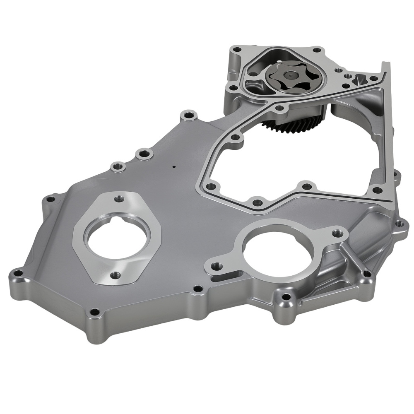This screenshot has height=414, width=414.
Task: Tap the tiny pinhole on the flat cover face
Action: pos(174,167)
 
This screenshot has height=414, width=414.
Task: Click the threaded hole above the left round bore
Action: pos(120,198)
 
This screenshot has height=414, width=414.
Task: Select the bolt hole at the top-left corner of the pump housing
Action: pos(236,51)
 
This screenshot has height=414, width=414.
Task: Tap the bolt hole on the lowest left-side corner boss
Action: pos(95,312)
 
